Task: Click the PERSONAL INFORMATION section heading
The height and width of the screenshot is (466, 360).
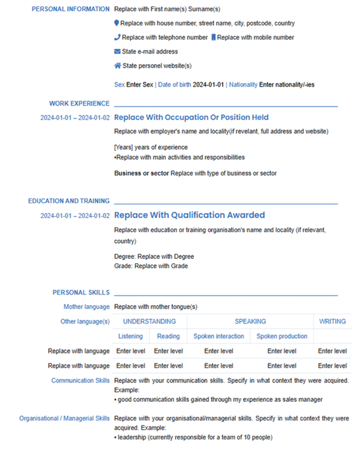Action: pos(71,9)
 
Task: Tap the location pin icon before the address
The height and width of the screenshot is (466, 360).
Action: pos(117,24)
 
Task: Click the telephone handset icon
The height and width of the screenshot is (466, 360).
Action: pos(117,38)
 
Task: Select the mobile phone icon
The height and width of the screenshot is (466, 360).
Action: pos(213,38)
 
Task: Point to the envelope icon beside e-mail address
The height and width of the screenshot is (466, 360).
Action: pos(117,52)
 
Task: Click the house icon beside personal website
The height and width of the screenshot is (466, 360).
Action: pos(117,66)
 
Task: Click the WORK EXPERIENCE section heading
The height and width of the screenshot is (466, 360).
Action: pos(79,104)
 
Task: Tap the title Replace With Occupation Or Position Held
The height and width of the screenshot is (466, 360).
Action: pos(191,118)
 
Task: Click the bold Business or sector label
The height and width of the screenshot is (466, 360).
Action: pos(142,174)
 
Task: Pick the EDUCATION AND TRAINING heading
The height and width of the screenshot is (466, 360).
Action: pos(69,201)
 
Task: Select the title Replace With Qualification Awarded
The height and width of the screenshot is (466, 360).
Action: pos(190,215)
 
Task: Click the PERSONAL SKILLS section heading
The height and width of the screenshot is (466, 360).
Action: pos(81,293)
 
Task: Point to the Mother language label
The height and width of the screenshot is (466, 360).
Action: pos(86,307)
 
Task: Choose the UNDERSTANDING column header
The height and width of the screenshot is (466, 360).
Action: pos(149,321)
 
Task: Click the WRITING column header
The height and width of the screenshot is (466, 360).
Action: pos(332,321)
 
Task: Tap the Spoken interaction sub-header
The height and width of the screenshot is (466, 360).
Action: pos(218,336)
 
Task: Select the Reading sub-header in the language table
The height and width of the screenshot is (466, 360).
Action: pos(168,336)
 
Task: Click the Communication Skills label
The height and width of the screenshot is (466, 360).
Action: pos(80,381)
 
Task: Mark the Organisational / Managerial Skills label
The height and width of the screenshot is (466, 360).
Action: pos(65,419)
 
